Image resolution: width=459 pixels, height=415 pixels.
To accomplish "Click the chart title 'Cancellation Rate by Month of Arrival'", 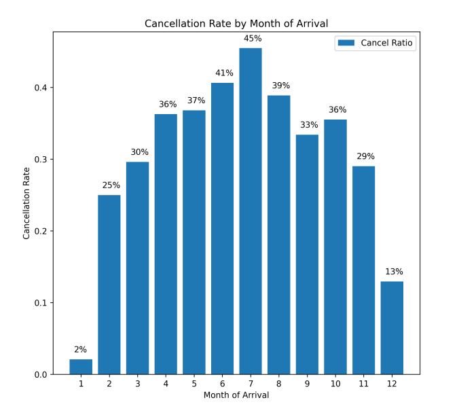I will [236, 24].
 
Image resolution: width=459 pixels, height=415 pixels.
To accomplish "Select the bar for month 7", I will [251, 211].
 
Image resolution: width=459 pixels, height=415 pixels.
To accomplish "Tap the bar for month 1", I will [81, 367].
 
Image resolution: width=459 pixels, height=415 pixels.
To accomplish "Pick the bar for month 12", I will [392, 327].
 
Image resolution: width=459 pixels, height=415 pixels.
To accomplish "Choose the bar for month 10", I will [335, 247].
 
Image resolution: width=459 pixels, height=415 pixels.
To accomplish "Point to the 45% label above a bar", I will [251, 39].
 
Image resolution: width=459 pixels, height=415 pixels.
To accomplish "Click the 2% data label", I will [81, 350].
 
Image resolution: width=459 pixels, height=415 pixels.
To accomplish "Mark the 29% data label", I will [364, 157].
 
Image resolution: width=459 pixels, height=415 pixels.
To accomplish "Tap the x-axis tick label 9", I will [307, 384].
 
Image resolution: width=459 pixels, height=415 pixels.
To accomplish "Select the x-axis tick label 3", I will [137, 384].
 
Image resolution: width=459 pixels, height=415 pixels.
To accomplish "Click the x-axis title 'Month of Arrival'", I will [236, 395].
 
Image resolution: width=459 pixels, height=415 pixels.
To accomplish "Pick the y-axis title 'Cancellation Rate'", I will [28, 204].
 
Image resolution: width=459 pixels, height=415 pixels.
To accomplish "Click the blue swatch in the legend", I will [347, 43].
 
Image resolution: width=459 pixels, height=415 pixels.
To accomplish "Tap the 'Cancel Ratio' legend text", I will [387, 43].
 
